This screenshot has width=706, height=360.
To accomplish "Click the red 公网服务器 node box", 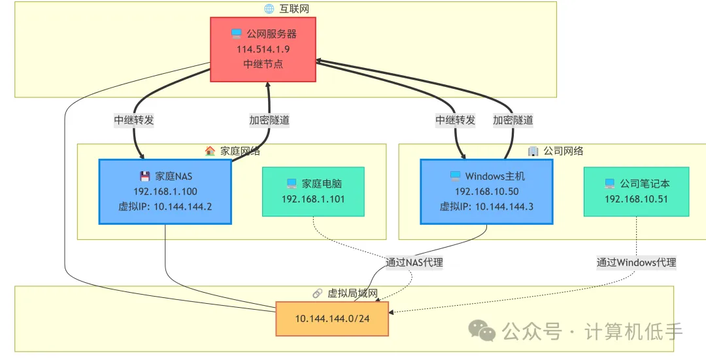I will coord(263,49).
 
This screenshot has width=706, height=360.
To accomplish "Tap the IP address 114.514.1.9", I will coord(263,48).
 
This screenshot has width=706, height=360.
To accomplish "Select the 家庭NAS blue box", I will coord(165,191).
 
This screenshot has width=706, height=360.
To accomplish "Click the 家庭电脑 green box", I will coord(313,191).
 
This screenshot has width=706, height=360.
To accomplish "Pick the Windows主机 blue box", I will coord(486,191).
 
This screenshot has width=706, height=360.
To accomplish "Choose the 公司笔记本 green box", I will coord(636,191).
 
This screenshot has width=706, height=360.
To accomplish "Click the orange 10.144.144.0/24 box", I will coord(331,319).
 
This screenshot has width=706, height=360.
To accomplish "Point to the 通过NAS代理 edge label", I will coord(414,263).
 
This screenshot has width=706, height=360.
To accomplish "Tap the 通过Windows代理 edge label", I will coord(636,263).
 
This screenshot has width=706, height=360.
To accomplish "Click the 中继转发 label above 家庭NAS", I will coord(134,120).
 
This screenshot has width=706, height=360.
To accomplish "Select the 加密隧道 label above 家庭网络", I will coord(269,120).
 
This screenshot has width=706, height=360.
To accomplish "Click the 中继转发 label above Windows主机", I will coord(456,120).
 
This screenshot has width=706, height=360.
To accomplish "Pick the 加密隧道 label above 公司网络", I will coord(513,120).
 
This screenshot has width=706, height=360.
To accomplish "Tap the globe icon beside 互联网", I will coord(269,8).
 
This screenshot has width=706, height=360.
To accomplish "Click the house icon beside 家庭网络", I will coord(210,151).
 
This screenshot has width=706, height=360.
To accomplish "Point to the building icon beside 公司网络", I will coord(533,151).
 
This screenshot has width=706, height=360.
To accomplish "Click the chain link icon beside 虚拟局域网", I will coord(318,294).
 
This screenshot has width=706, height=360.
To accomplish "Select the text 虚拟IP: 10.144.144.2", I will coord(165,206).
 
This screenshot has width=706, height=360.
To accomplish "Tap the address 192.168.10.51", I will coord(636,199).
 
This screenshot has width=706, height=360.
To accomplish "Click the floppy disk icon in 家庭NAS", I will coord(145,176).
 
